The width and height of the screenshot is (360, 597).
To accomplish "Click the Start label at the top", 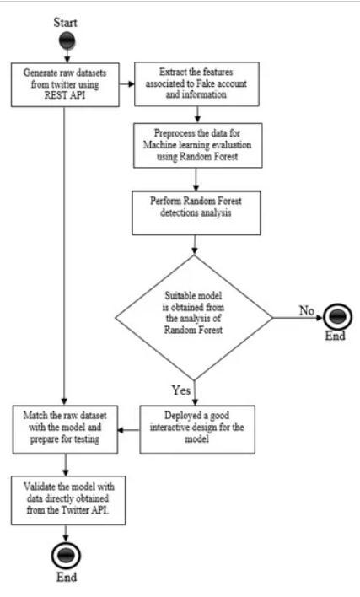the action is click(x=65, y=23).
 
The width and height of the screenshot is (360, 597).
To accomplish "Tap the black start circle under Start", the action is click(x=67, y=41).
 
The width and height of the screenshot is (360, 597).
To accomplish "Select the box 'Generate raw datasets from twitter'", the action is click(x=65, y=84).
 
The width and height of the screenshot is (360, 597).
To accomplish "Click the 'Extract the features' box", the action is click(x=196, y=83).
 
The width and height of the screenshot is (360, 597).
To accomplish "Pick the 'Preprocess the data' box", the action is click(x=197, y=145).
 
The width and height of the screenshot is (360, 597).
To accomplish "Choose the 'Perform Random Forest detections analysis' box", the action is click(x=196, y=212).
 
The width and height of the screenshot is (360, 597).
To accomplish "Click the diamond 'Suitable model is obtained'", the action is click(x=194, y=317).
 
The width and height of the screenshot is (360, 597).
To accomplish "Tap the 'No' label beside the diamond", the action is click(x=307, y=310).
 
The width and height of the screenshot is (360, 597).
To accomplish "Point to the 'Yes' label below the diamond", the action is click(x=180, y=390).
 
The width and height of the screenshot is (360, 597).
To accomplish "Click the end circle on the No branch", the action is click(x=337, y=317).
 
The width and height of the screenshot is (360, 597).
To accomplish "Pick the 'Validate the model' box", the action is click(x=68, y=500).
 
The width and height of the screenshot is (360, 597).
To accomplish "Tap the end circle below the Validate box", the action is click(x=66, y=556).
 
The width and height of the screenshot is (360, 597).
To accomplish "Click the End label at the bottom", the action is click(x=67, y=577).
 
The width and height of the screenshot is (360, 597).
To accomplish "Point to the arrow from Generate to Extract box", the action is click(x=126, y=83).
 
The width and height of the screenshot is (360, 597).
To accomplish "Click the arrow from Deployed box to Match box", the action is click(x=129, y=430).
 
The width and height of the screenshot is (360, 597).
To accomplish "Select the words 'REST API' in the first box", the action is click(x=65, y=95).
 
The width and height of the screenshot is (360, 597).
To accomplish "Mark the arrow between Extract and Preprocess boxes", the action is click(x=197, y=114).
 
